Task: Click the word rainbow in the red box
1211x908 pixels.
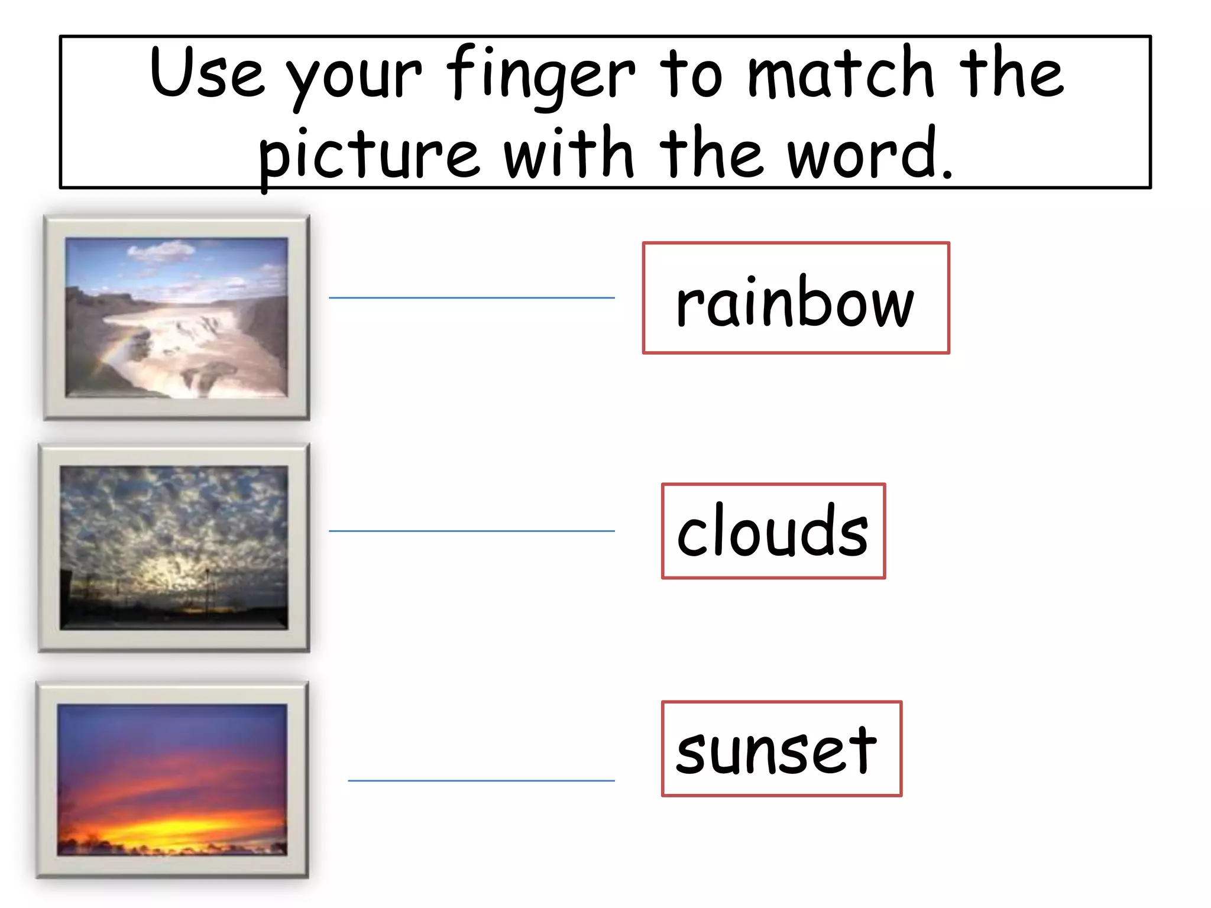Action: click(x=795, y=301)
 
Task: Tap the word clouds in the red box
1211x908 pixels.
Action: click(x=773, y=531)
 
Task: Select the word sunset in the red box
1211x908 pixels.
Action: click(x=776, y=750)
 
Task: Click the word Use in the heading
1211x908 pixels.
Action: click(x=207, y=72)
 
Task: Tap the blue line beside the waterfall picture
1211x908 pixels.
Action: click(x=471, y=298)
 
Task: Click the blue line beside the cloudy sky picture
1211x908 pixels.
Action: click(x=471, y=531)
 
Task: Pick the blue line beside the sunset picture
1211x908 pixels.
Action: click(x=481, y=781)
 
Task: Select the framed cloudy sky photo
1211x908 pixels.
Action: click(x=174, y=547)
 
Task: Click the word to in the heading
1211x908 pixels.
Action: click(x=691, y=74)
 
